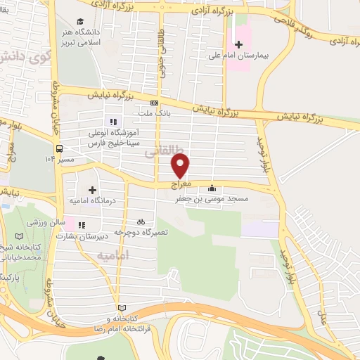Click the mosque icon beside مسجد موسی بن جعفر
pos(212,188)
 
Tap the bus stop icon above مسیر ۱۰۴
pos(59,148)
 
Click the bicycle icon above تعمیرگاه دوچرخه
pos(141,220)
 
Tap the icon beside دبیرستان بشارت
pos(82,226)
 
